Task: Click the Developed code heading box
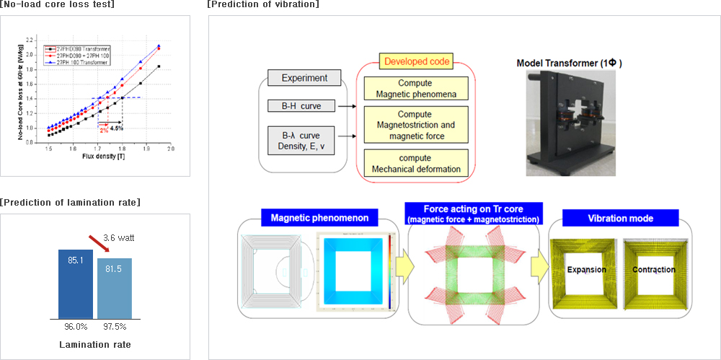pos(415,62)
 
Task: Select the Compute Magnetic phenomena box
pos(415,88)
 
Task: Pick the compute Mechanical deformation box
pos(415,164)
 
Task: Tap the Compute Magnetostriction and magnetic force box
pos(415,126)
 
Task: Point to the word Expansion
pos(586,270)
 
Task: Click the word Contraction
pos(654,270)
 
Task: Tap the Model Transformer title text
pos(570,63)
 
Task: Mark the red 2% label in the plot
pos(103,131)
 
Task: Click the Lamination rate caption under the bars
pos(94,344)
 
